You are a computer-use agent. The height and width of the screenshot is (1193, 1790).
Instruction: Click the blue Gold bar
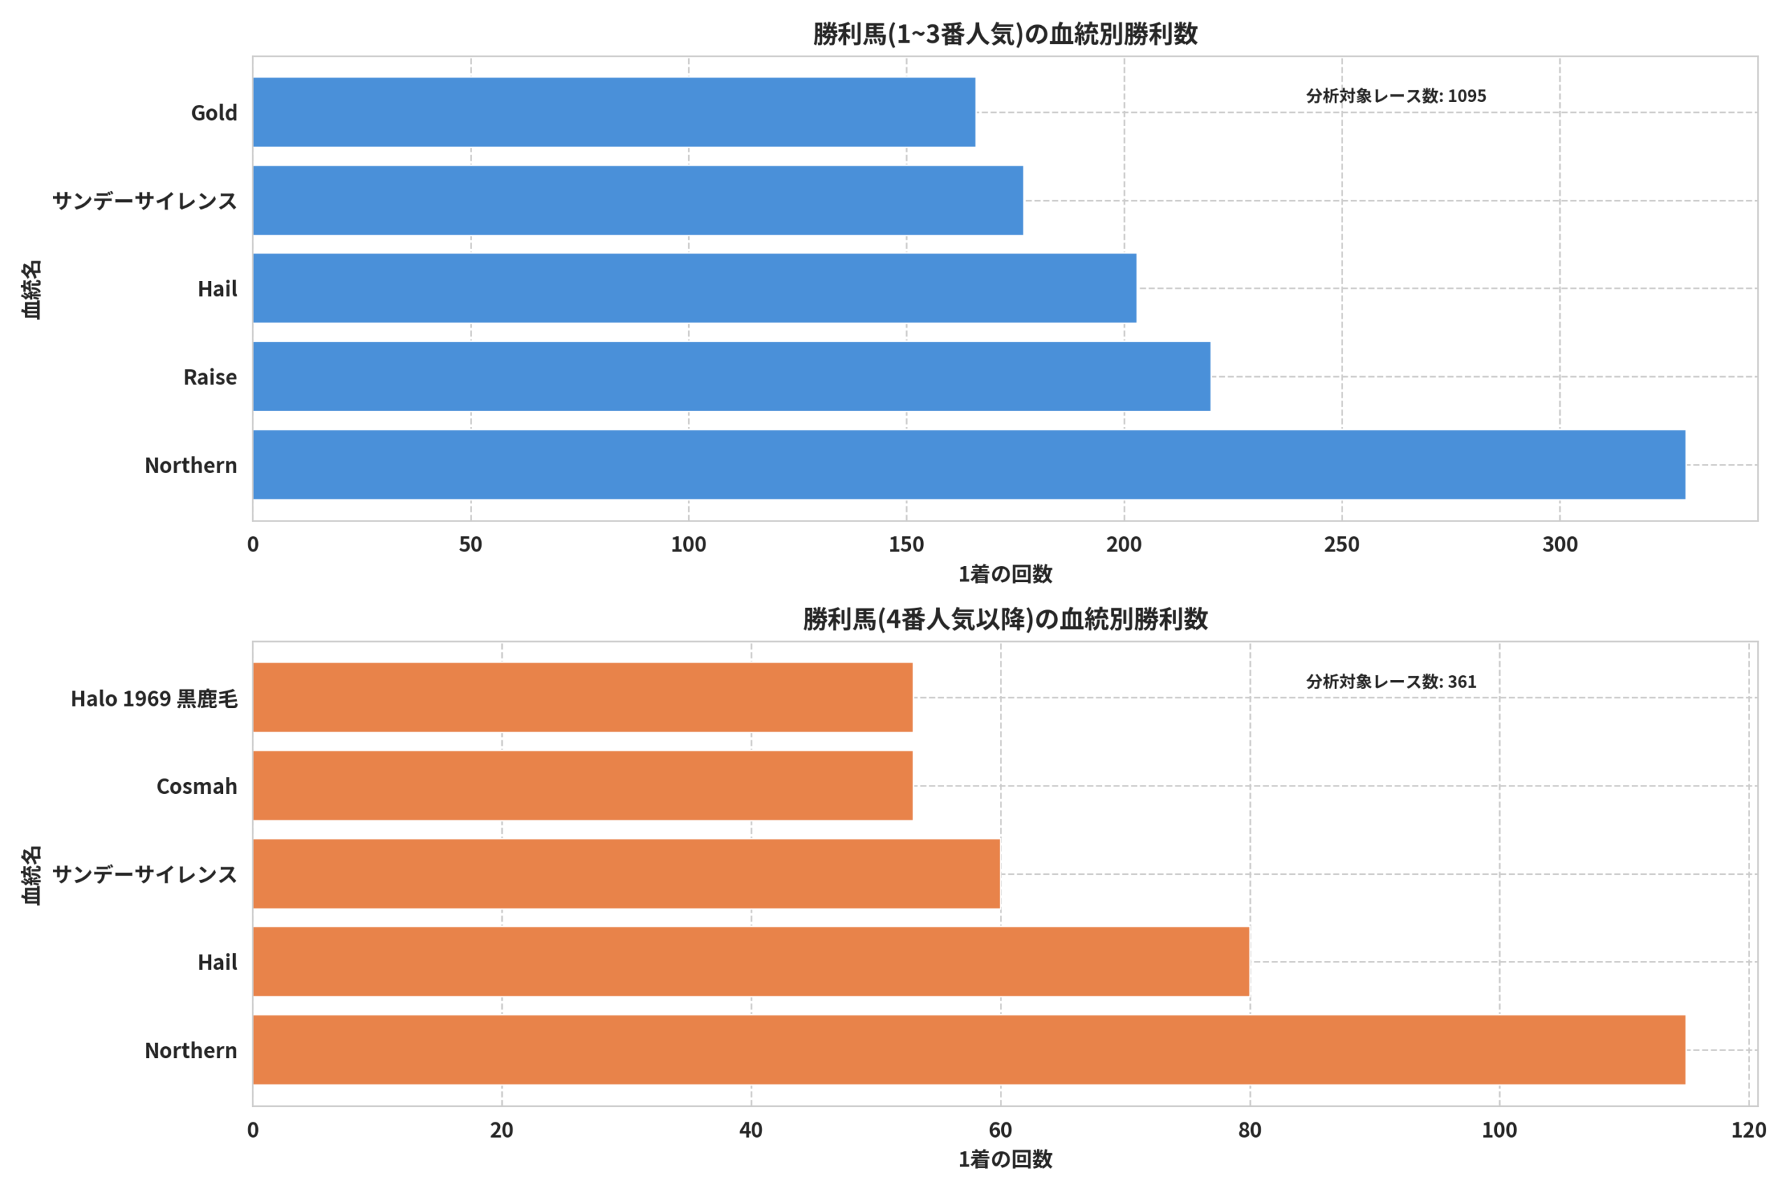pos(613,112)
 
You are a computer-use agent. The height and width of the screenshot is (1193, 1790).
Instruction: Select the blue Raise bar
pos(731,376)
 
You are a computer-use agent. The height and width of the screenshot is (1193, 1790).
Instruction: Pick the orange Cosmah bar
pos(582,785)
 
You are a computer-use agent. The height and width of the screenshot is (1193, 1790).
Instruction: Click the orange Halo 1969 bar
pos(582,697)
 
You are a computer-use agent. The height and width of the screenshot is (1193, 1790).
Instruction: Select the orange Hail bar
pos(750,961)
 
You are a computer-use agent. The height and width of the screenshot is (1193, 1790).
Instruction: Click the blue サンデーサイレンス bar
pos(637,200)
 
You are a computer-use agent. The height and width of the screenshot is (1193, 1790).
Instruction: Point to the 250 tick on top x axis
pos(1341,544)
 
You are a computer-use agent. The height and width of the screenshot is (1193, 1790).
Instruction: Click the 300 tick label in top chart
pos(1559,544)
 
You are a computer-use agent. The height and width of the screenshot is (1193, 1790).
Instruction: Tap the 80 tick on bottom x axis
pos(1250,1130)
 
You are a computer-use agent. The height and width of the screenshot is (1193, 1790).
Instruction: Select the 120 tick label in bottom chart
pos(1748,1130)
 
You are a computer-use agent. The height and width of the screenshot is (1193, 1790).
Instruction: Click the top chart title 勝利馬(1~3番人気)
pos(1005,34)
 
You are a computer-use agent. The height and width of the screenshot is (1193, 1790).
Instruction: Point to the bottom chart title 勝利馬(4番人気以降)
pos(1005,619)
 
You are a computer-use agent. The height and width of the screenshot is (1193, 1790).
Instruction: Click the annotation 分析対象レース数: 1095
pos(1396,96)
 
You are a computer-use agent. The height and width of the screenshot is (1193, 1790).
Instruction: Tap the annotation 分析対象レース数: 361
pos(1391,681)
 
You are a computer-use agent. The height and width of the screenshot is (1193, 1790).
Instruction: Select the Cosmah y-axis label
pos(196,786)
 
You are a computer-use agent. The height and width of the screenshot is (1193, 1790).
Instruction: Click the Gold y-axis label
pos(214,113)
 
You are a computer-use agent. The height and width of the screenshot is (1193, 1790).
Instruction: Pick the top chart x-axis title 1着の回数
pos(1005,574)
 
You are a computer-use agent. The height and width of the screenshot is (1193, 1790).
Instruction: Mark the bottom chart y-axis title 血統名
pos(32,875)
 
